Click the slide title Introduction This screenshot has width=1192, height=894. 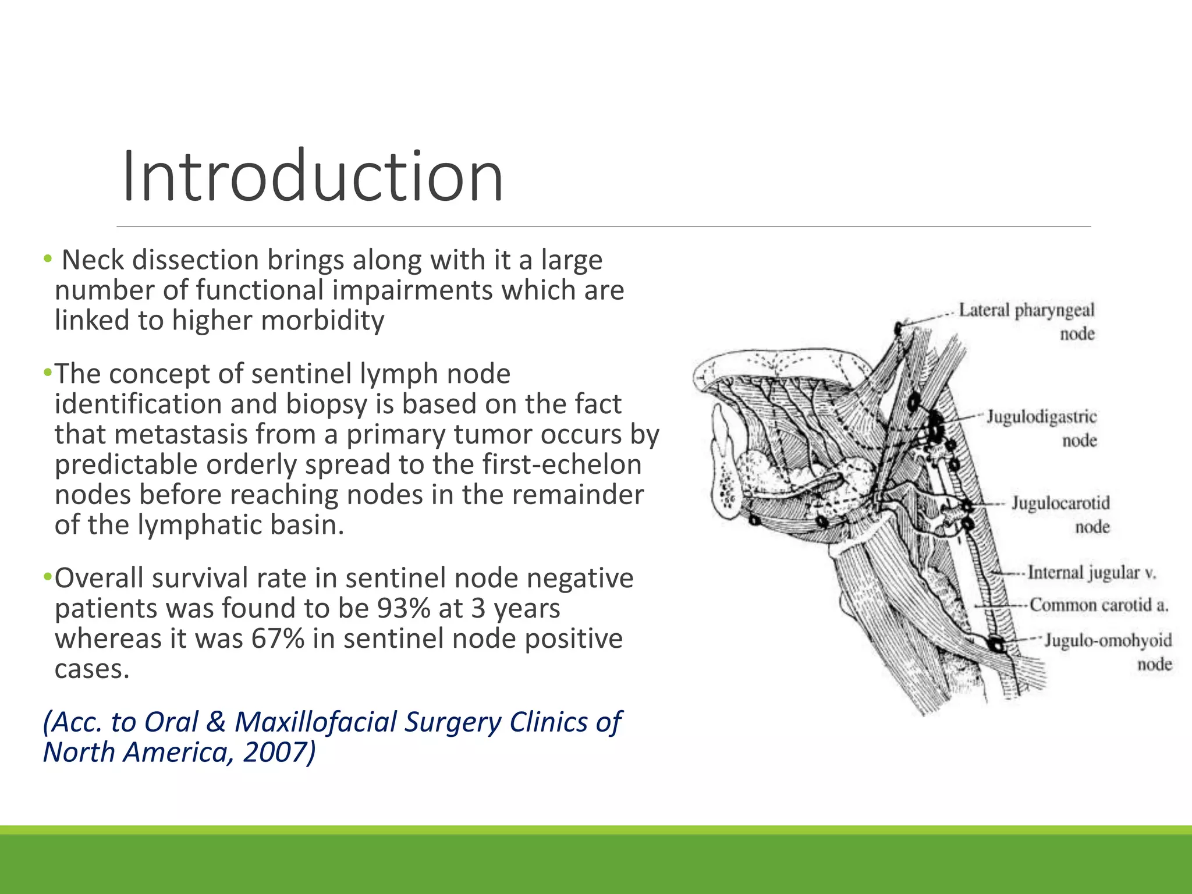[313, 176]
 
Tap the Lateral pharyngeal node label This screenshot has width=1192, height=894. [1026, 321]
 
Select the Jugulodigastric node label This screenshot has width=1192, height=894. [1041, 428]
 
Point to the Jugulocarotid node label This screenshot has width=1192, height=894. [1060, 514]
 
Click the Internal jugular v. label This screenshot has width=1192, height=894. [1091, 573]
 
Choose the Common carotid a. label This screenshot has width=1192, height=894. [1099, 605]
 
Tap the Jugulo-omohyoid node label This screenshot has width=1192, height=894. [1108, 651]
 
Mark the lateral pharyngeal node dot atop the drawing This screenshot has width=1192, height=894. [899, 328]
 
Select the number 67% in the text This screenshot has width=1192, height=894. [278, 638]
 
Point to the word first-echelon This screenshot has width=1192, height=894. [562, 464]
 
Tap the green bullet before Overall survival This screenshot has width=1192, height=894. [47, 577]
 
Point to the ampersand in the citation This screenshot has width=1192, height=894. [215, 722]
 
